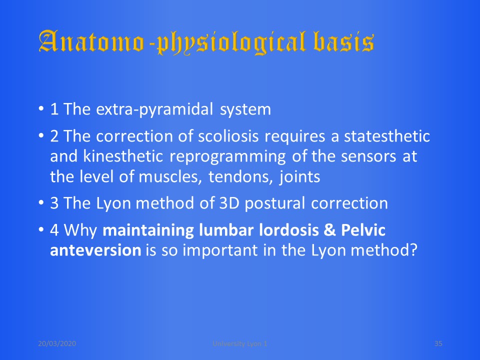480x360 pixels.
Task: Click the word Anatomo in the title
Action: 91,41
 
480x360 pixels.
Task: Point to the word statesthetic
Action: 387,136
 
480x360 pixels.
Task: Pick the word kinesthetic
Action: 123,156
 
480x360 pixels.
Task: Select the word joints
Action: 299,176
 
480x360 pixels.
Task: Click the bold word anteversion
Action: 95,250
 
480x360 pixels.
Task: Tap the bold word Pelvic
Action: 363,230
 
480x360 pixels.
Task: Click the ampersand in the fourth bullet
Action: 329,230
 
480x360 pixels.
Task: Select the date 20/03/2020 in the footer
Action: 57,343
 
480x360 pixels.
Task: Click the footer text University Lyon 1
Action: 239,344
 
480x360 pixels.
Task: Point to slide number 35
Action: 438,343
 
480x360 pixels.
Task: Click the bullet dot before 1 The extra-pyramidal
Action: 41,108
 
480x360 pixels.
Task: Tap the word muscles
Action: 170,177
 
